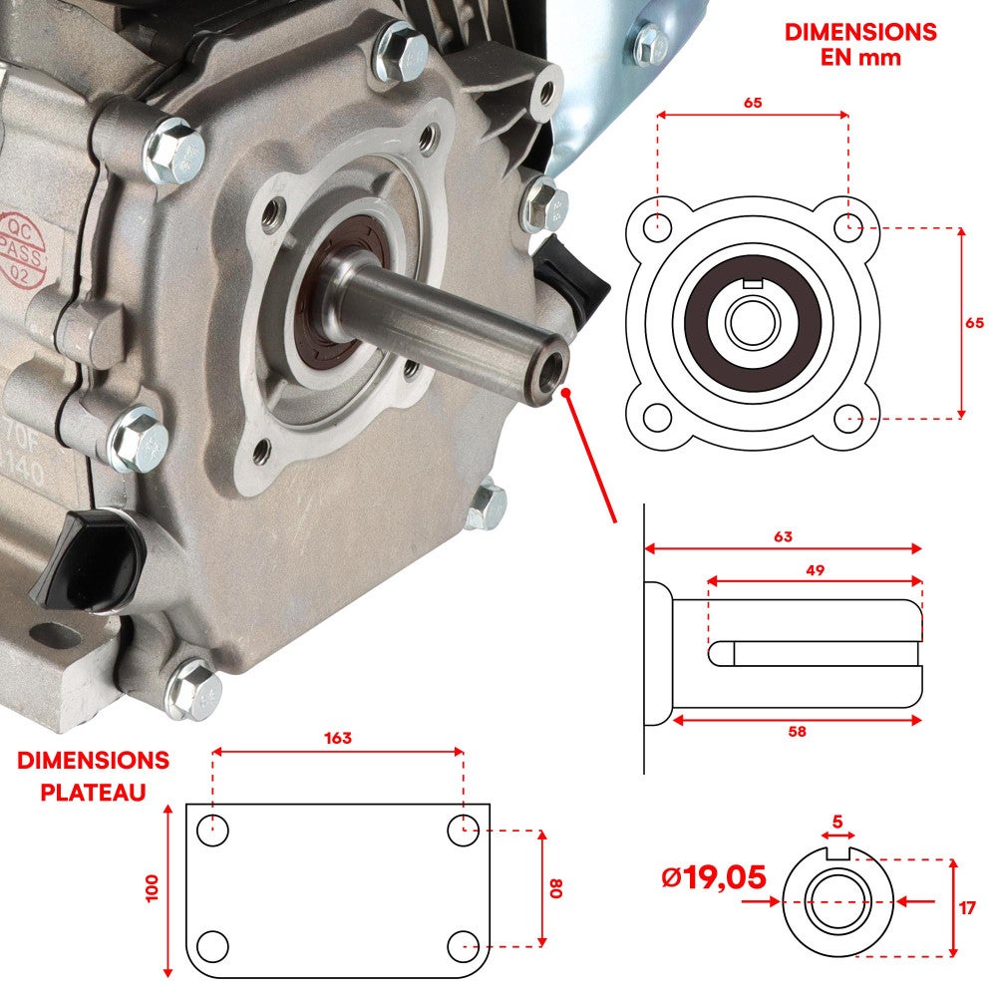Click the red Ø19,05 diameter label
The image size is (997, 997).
[x=714, y=878]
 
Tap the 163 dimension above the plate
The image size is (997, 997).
[x=337, y=739]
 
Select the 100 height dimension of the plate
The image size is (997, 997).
[x=152, y=888]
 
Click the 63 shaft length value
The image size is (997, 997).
[x=783, y=537]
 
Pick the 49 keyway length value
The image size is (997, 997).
[x=815, y=569]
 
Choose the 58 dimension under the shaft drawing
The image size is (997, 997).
[x=796, y=732]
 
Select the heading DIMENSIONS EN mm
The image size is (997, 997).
[x=860, y=44]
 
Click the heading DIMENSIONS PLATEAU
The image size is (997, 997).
[x=93, y=776]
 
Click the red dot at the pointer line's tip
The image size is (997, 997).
[x=566, y=394]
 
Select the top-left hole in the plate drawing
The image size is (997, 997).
[x=212, y=829]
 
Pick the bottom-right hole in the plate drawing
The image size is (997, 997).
[x=463, y=943]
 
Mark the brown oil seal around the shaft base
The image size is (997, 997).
[x=323, y=299]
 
